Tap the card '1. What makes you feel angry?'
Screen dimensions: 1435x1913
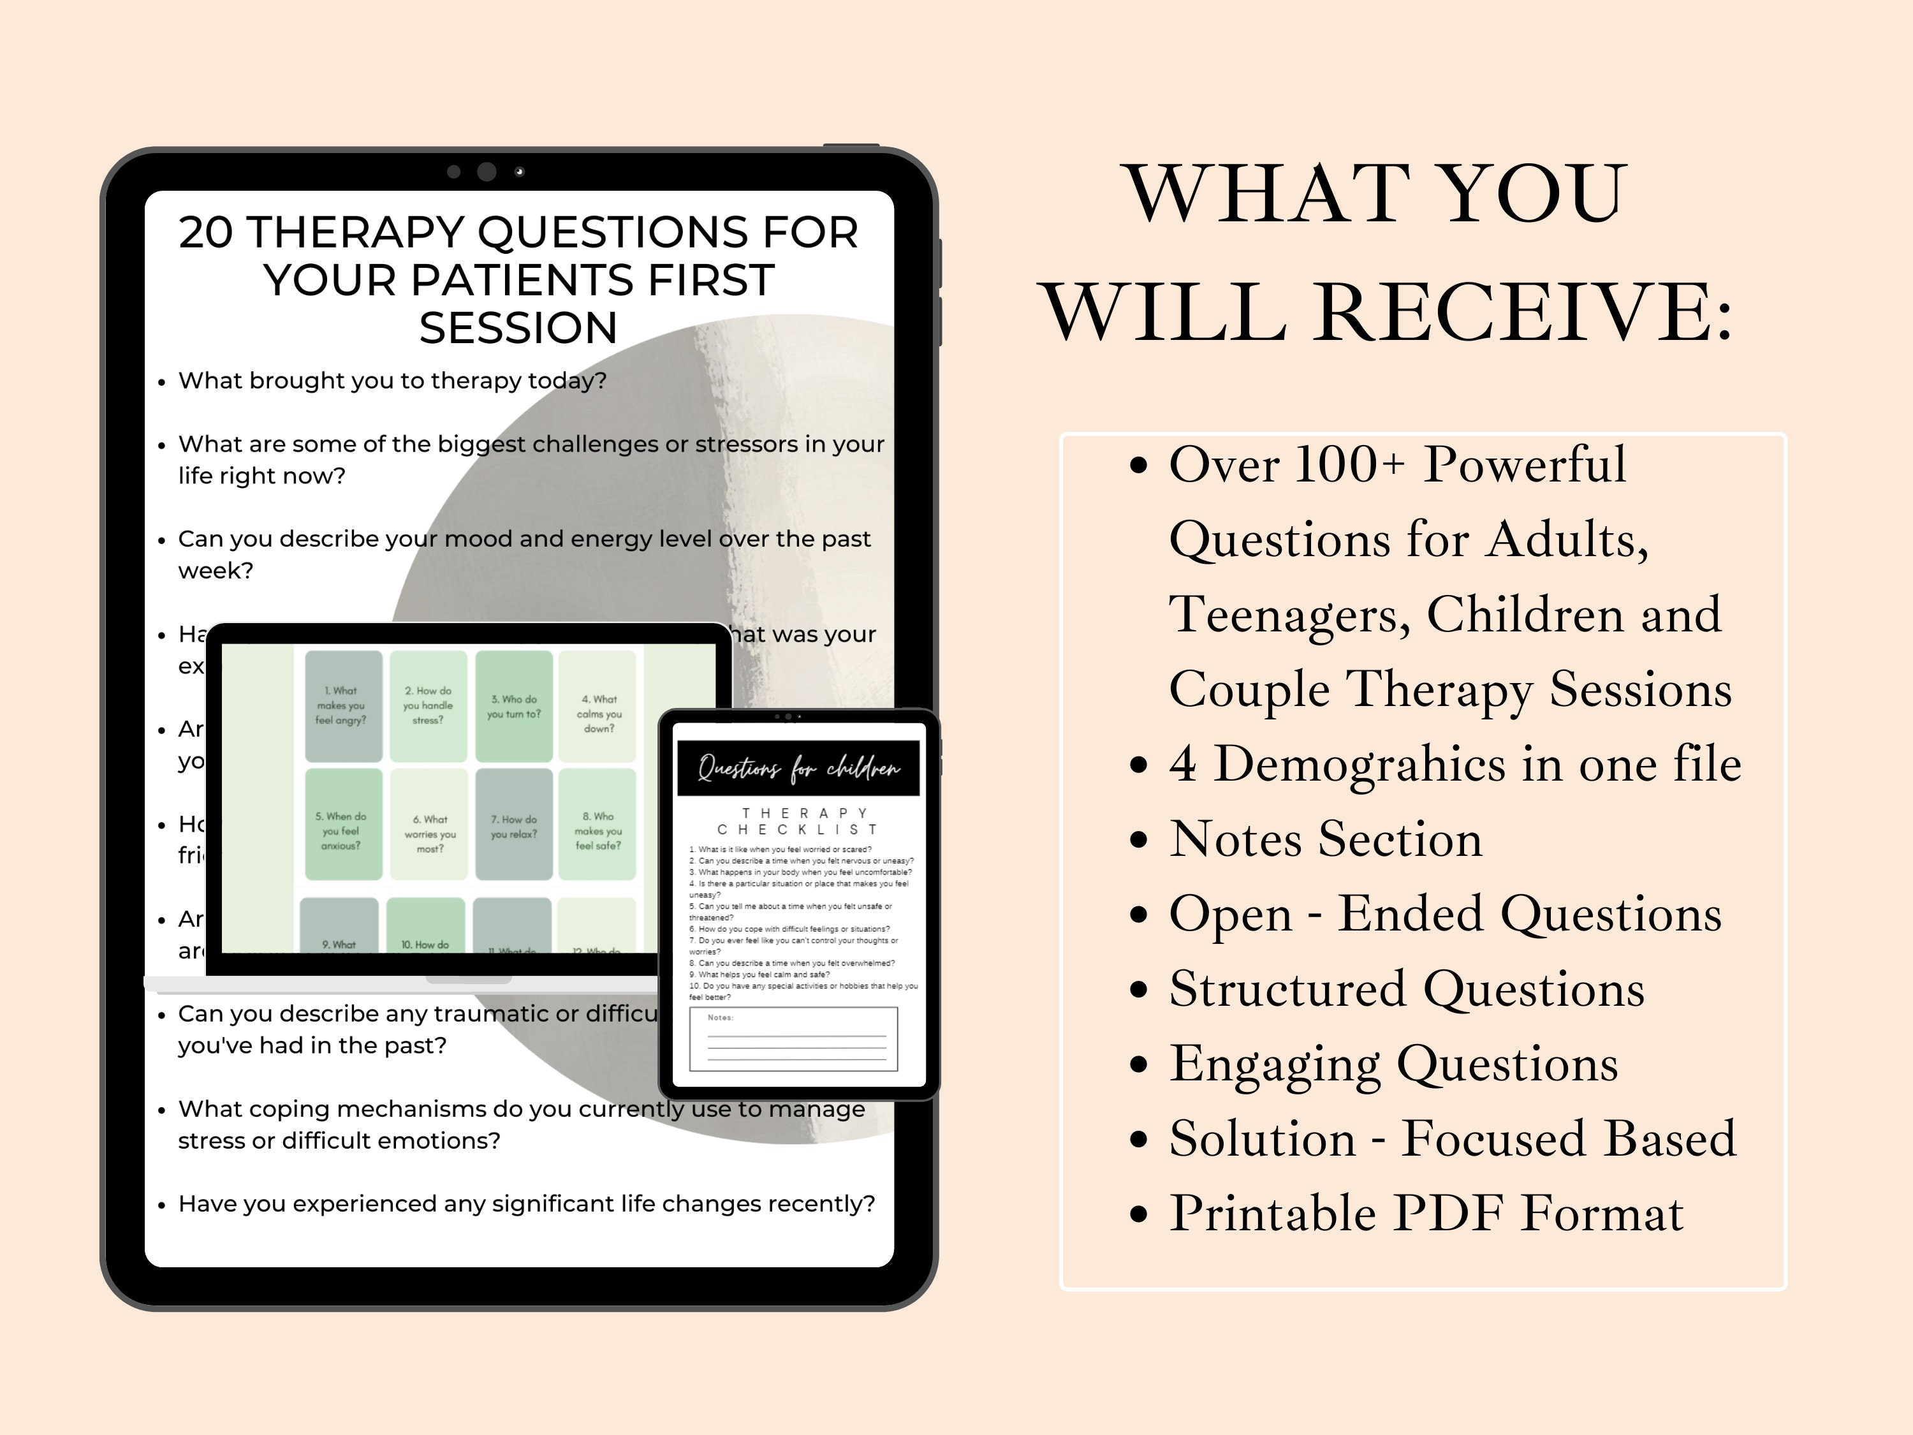[x=342, y=706]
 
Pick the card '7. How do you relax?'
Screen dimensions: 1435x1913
[x=514, y=826]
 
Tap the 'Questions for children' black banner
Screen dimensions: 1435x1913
[x=797, y=767]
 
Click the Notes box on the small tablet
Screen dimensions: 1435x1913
[x=793, y=1039]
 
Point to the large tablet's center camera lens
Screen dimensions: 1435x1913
[x=487, y=172]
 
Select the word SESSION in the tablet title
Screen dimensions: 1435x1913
[x=518, y=328]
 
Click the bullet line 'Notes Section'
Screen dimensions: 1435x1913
[x=1325, y=839]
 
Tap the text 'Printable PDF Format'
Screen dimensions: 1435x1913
[x=1425, y=1212]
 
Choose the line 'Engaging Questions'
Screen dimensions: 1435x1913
[x=1393, y=1063]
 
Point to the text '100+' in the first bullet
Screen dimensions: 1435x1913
[x=1350, y=464]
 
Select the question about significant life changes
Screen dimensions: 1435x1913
[x=526, y=1204]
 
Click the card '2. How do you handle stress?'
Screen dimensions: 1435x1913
[x=428, y=706]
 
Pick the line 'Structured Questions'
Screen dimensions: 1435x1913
[x=1406, y=989]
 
